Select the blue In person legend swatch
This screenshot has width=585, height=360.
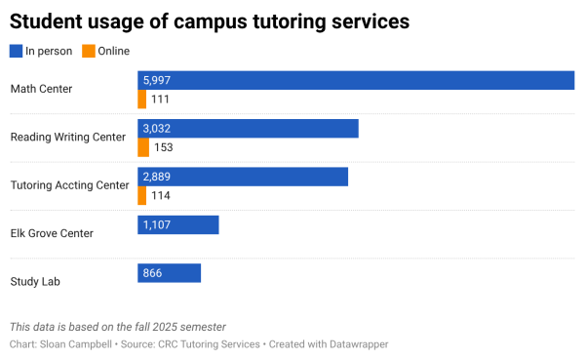[x=16, y=51]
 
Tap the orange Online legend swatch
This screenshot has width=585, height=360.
[x=89, y=51]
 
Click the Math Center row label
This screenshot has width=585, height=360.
[x=41, y=90]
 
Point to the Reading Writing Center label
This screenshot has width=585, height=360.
[x=67, y=138]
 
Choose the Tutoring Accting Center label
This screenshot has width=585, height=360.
[x=69, y=185]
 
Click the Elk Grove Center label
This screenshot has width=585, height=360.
[x=52, y=233]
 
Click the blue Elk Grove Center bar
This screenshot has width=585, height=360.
[x=178, y=225]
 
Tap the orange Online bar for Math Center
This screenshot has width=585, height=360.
[x=142, y=100]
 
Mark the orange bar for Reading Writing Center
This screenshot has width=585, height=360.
[x=143, y=147]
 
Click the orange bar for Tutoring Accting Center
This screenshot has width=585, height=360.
[x=142, y=195]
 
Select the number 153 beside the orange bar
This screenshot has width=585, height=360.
[x=164, y=147]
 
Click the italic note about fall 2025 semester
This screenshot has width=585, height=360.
[x=124, y=327]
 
